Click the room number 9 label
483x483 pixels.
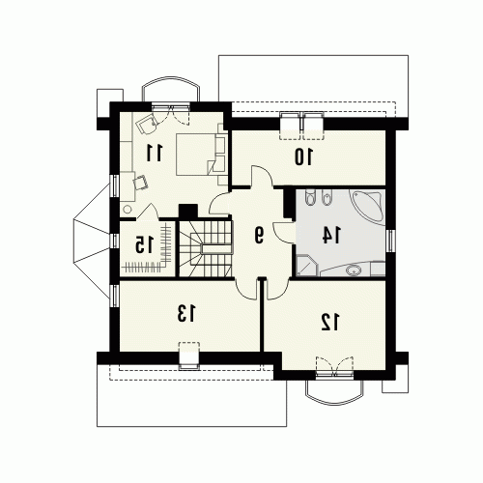coord(259,235)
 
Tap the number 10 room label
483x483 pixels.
coord(303,156)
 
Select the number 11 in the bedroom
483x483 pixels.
coord(155,153)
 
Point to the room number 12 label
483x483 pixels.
coord(330,323)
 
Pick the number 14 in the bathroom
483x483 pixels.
coord(332,235)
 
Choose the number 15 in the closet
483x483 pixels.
coord(144,244)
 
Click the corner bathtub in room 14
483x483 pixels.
coord(369,205)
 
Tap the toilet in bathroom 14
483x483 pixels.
coord(310,197)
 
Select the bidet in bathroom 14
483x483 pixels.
coord(327,197)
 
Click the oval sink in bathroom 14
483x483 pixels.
coord(353,270)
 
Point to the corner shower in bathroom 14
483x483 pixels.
coord(306,266)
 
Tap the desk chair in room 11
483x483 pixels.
coord(141,183)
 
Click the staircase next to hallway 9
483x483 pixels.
coord(206,248)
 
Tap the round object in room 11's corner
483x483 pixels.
coord(128,209)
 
